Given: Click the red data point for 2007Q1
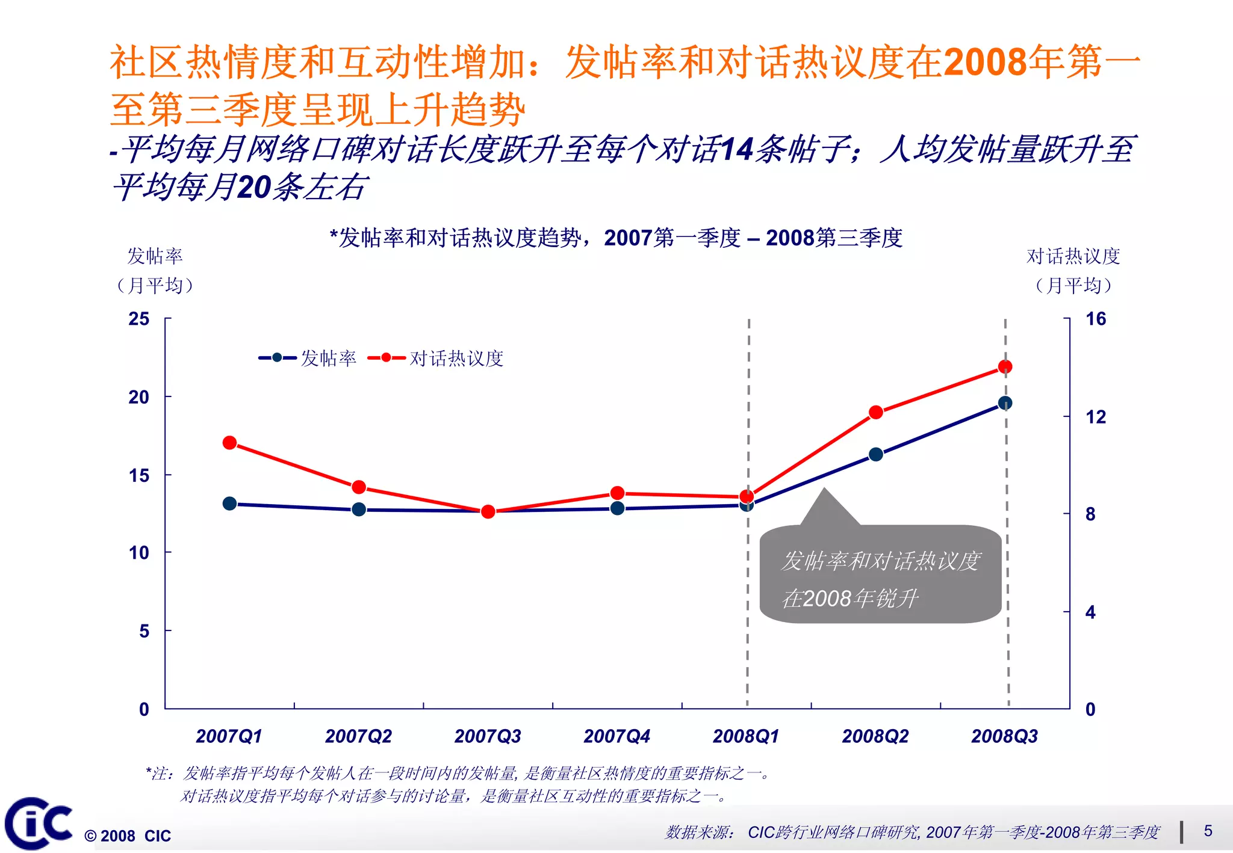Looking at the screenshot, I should pos(229,443).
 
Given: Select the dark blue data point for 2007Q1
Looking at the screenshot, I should pos(229,503).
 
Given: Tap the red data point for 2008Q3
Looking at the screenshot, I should pos(1005,366).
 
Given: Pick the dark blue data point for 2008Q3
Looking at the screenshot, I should pos(1005,403).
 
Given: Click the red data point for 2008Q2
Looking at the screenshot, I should pos(876,412).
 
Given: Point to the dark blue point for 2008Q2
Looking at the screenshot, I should pos(876,454).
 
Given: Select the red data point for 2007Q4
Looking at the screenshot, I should pos(617,493).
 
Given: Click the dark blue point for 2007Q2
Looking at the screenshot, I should pos(359,510).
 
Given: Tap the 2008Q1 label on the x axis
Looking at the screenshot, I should pos(746,736).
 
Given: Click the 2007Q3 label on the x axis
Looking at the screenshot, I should pos(488,736).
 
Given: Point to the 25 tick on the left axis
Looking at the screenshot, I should pos(139,319).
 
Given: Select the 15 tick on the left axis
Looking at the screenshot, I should pos(139,475).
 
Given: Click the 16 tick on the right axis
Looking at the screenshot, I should pos(1096,319).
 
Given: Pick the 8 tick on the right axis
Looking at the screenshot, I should pos(1090,514).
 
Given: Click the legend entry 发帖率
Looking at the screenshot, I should pos(328,359).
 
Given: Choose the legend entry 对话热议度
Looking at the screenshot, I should pos(456,359).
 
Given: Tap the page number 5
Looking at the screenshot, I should pos(1208,831).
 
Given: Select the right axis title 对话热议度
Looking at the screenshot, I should pos(1073,256).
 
